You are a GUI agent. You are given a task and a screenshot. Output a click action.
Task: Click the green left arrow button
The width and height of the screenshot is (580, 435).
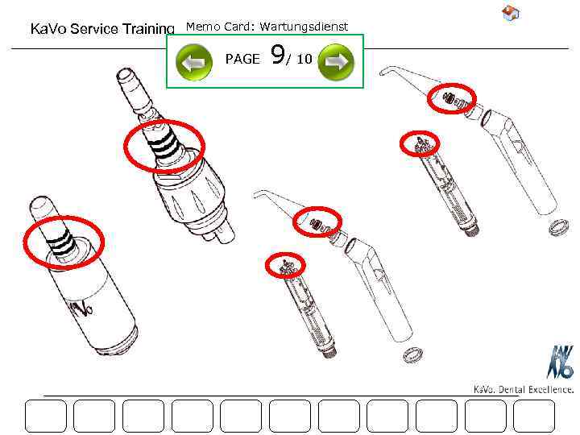(x=194, y=61)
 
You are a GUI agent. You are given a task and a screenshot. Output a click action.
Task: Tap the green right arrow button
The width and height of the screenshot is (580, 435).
(x=336, y=61)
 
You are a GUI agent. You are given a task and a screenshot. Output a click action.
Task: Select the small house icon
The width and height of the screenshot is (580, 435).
(x=510, y=12)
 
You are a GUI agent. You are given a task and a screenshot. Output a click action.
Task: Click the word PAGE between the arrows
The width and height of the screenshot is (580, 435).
(x=242, y=60)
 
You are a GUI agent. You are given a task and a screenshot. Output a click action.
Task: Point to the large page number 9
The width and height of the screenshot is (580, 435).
(x=277, y=56)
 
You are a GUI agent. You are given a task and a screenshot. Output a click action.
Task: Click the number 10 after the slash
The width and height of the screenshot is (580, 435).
(x=304, y=60)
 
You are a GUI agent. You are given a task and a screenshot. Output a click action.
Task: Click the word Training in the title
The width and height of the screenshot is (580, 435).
(x=147, y=29)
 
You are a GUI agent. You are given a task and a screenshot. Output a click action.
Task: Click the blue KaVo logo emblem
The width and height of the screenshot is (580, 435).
(x=561, y=362)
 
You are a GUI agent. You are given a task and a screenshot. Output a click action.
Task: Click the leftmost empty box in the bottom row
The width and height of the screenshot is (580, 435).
(x=46, y=416)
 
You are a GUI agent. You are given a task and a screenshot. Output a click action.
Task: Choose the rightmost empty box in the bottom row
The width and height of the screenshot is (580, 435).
(x=534, y=416)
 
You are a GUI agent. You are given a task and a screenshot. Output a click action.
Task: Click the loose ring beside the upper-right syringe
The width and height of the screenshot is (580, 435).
(x=554, y=228)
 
